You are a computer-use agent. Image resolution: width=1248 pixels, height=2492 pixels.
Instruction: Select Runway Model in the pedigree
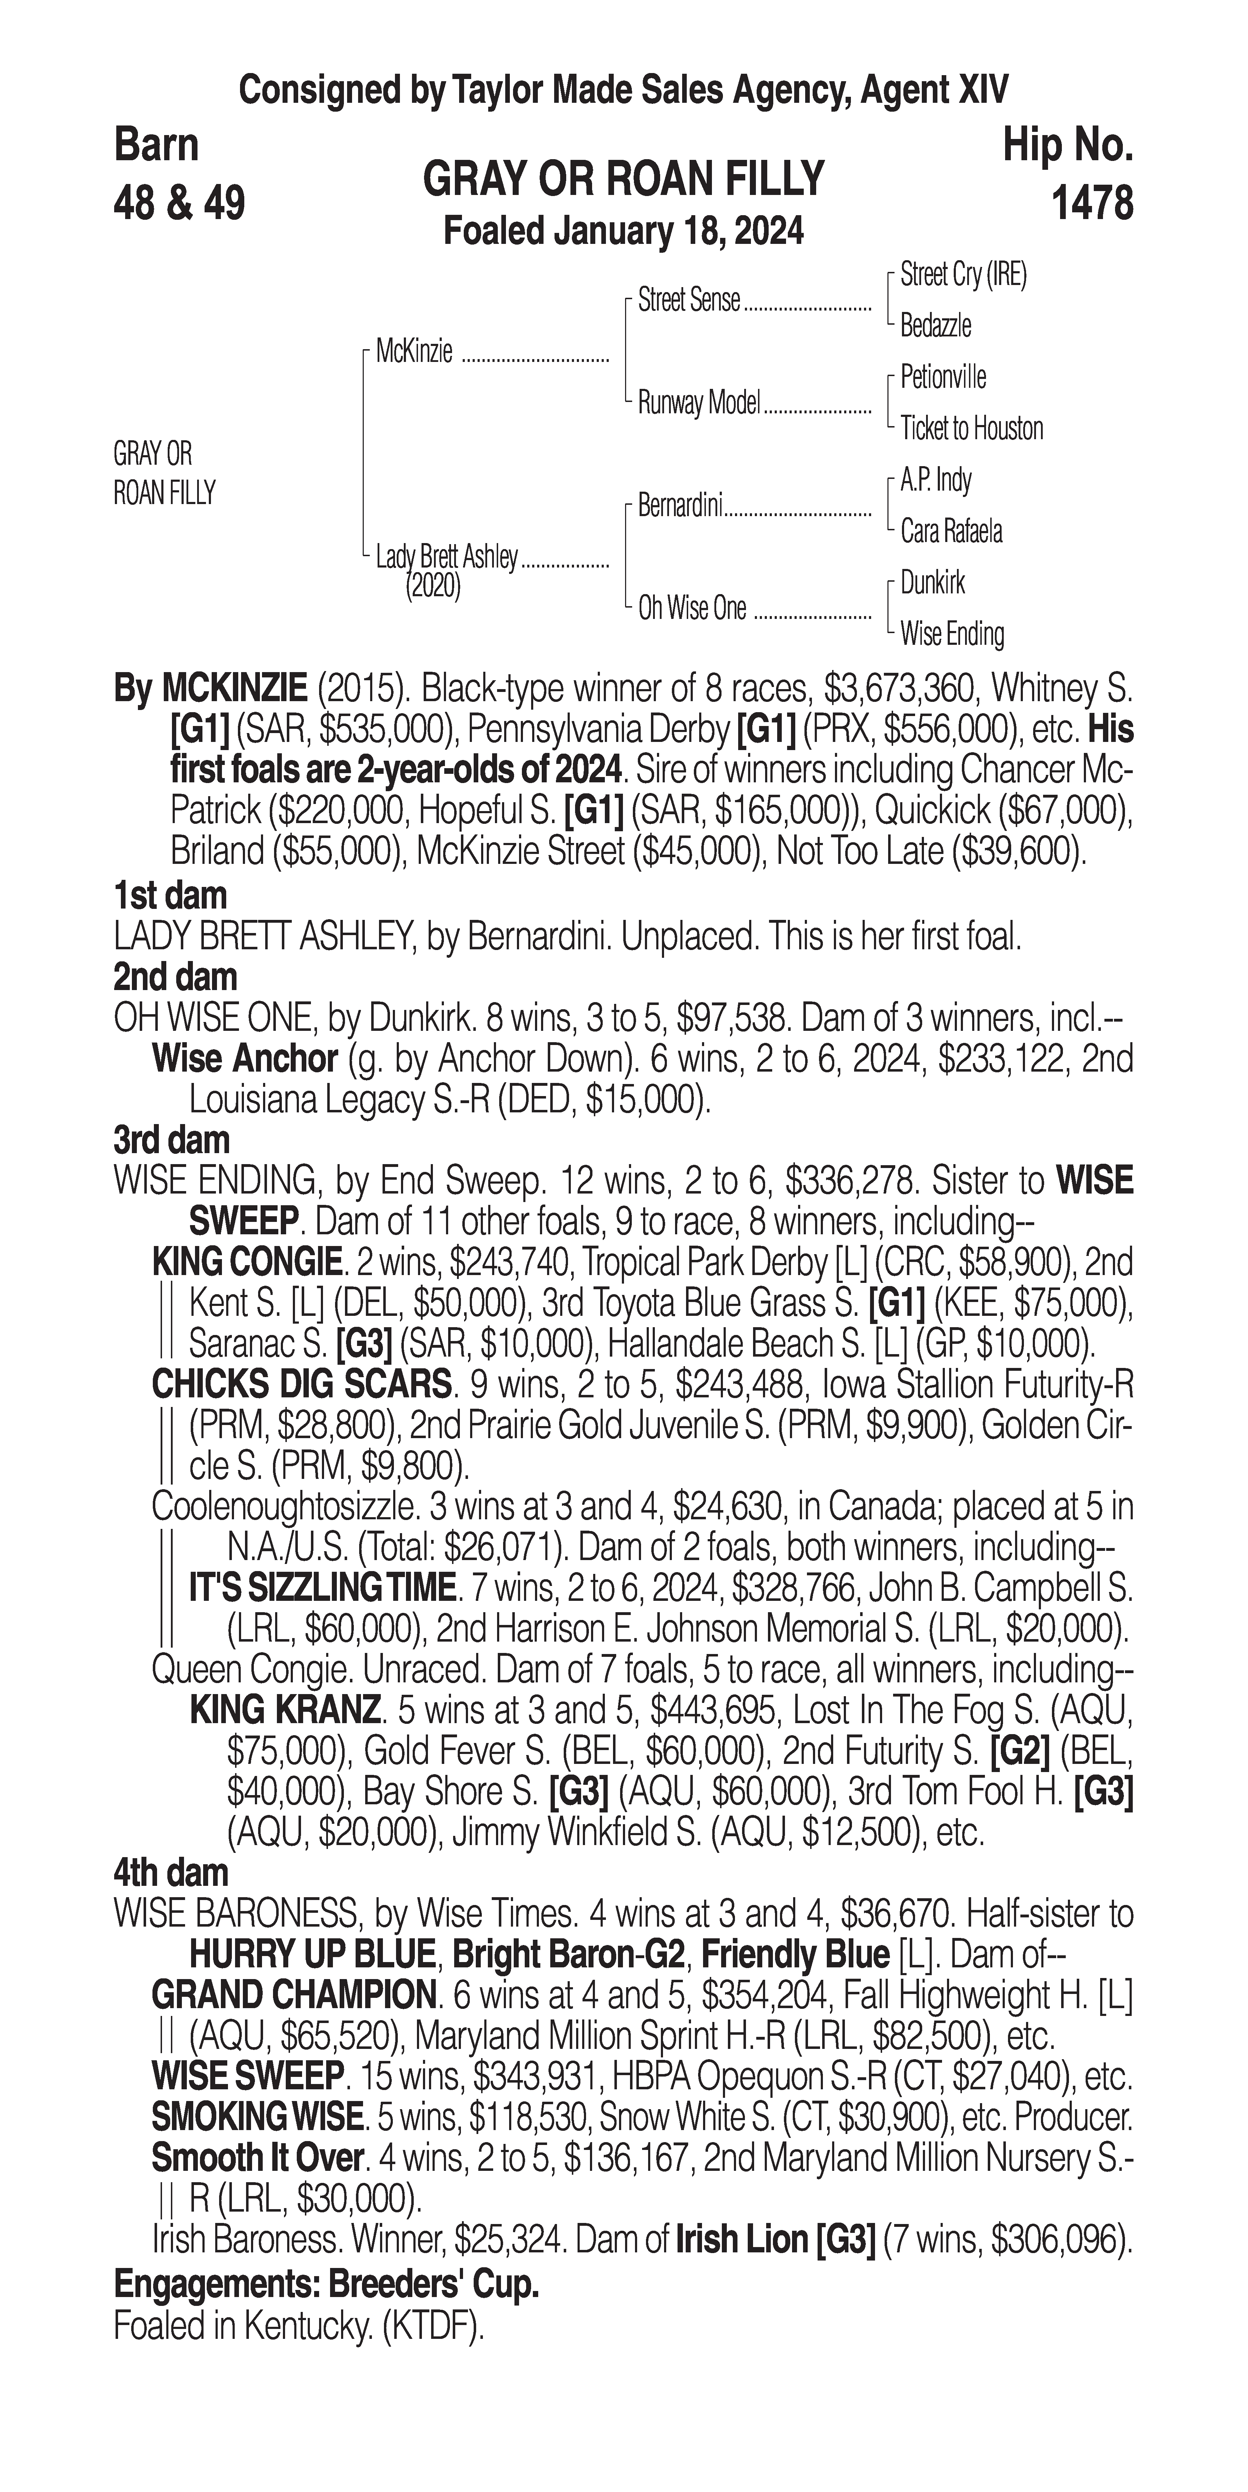click(x=698, y=402)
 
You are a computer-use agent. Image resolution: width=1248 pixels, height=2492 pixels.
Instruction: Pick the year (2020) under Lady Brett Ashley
click(x=433, y=586)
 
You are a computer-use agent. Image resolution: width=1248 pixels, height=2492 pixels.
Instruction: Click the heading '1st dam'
click(x=170, y=896)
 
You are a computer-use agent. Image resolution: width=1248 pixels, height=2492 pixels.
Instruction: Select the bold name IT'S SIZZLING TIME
click(x=322, y=1587)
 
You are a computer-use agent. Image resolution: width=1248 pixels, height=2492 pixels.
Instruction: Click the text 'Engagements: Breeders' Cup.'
click(x=326, y=2285)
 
